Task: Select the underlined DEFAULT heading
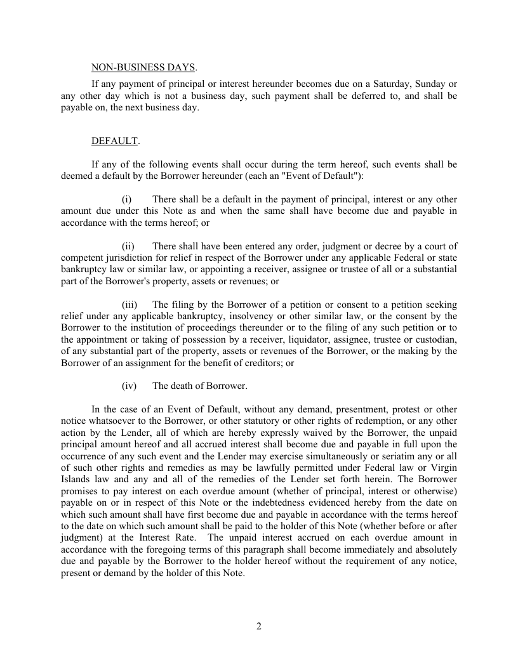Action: point(114,141)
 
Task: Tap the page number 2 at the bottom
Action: point(259,627)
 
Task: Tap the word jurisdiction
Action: point(121,258)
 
